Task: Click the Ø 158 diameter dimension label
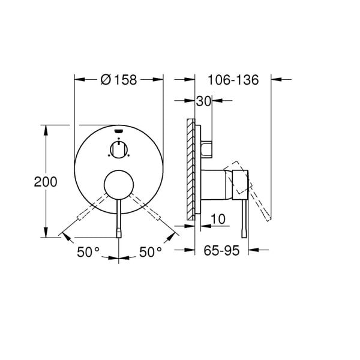tap(119, 79)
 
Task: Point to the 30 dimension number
tap(203, 102)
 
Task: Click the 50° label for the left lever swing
tap(88, 252)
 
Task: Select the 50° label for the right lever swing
tap(150, 252)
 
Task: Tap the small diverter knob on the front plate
tap(119, 148)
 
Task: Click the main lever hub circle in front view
tap(119, 185)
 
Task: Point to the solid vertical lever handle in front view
tap(119, 219)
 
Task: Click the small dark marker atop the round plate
tap(119, 130)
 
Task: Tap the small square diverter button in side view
tap(207, 148)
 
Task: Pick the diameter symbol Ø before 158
tap(104, 79)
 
